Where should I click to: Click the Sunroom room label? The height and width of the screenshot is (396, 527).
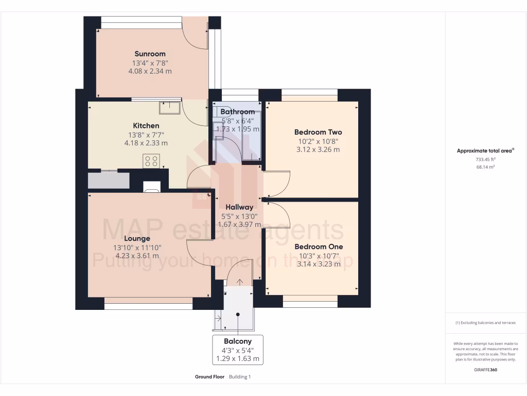coord(150,54)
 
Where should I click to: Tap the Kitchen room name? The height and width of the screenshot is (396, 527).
coord(146,125)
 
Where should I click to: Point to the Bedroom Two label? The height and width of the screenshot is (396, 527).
coord(318,132)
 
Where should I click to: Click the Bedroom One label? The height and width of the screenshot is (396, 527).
coord(319,246)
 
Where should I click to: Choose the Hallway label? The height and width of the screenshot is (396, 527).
coord(239,207)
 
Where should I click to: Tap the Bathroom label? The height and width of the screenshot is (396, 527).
coord(237,111)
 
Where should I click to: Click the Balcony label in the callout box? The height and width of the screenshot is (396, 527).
coord(237,341)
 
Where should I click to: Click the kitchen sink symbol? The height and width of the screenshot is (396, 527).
coord(169,107)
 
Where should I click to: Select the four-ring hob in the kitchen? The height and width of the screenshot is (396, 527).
coord(151,161)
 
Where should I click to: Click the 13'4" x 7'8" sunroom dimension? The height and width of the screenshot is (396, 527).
coord(150,63)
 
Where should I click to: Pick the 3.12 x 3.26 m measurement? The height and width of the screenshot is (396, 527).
coord(318,150)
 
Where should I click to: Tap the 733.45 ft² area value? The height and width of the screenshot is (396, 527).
coord(485,159)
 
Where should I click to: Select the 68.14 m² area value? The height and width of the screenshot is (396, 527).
coord(485,167)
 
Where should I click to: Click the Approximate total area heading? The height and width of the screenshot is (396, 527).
coord(485,151)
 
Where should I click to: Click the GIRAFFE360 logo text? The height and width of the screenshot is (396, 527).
coord(486,370)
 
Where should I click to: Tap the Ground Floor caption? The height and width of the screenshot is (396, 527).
coord(209,377)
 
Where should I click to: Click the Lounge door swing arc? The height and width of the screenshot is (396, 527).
coord(198,253)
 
